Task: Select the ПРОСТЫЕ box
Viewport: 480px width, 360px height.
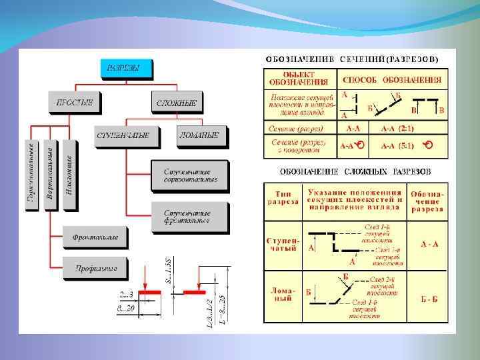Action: coord(73,103)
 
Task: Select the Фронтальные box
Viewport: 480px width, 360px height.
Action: coord(95,237)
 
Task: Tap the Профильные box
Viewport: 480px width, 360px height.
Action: coord(95,268)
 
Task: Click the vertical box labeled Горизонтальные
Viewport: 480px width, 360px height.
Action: coord(31,175)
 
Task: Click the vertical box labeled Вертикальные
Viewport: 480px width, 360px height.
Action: coord(51,175)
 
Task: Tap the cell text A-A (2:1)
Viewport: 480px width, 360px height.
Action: coord(398,127)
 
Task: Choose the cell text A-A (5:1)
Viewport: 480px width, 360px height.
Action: coord(398,145)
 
